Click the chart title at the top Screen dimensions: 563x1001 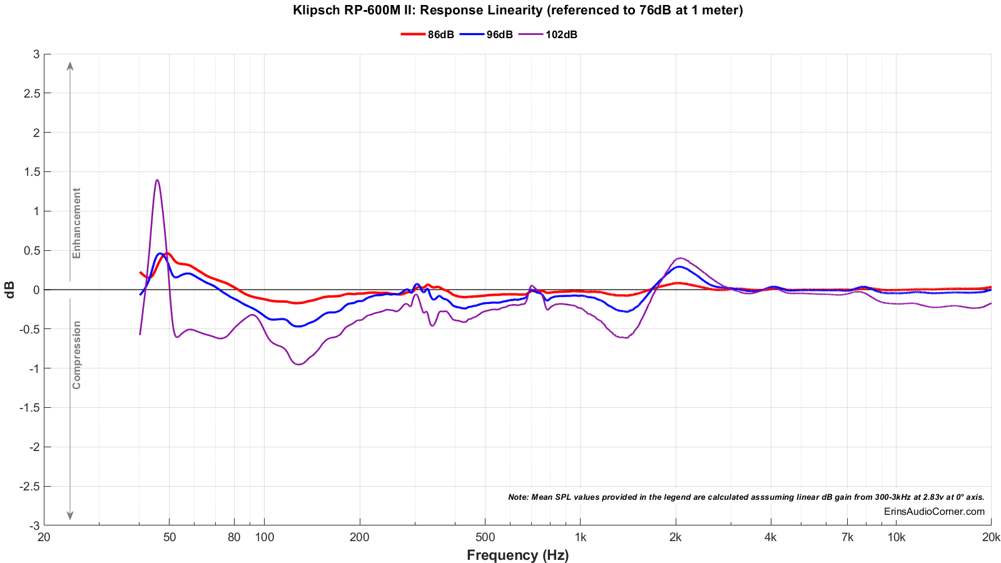coord(517,10)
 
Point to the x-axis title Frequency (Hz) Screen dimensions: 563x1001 coord(517,555)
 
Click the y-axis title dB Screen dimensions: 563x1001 coord(10,290)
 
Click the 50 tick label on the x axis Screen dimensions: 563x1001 coord(169,537)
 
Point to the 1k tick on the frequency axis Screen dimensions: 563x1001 coord(580,537)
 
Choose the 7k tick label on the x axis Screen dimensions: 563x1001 coord(847,537)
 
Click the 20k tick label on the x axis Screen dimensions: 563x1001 coord(991,537)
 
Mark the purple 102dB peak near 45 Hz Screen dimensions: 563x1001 coord(157,180)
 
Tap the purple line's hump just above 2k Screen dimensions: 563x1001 coord(680,258)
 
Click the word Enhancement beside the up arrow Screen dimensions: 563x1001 coord(77,223)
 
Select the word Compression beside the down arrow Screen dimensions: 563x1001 coord(77,355)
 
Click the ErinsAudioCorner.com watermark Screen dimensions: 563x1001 coord(934,512)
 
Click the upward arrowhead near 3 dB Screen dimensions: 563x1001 coord(70,65)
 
